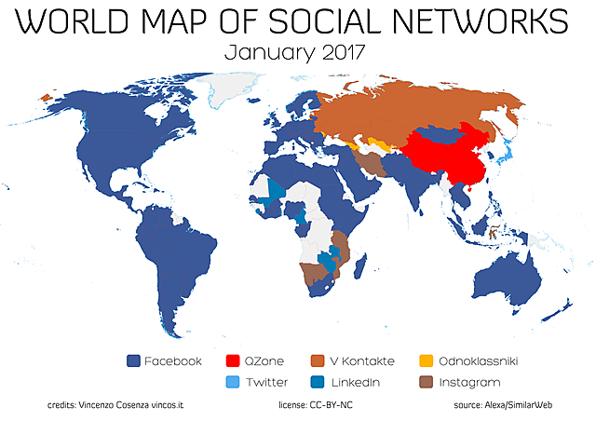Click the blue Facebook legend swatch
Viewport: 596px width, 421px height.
[x=132, y=360]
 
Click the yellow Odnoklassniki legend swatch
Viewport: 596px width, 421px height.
[x=425, y=360]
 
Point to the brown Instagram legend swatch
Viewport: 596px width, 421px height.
[x=425, y=382]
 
